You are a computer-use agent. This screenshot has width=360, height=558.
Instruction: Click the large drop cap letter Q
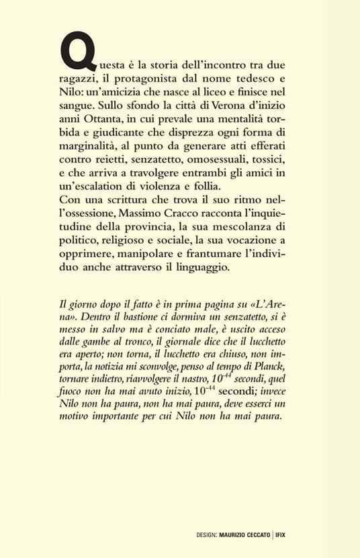74,53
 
